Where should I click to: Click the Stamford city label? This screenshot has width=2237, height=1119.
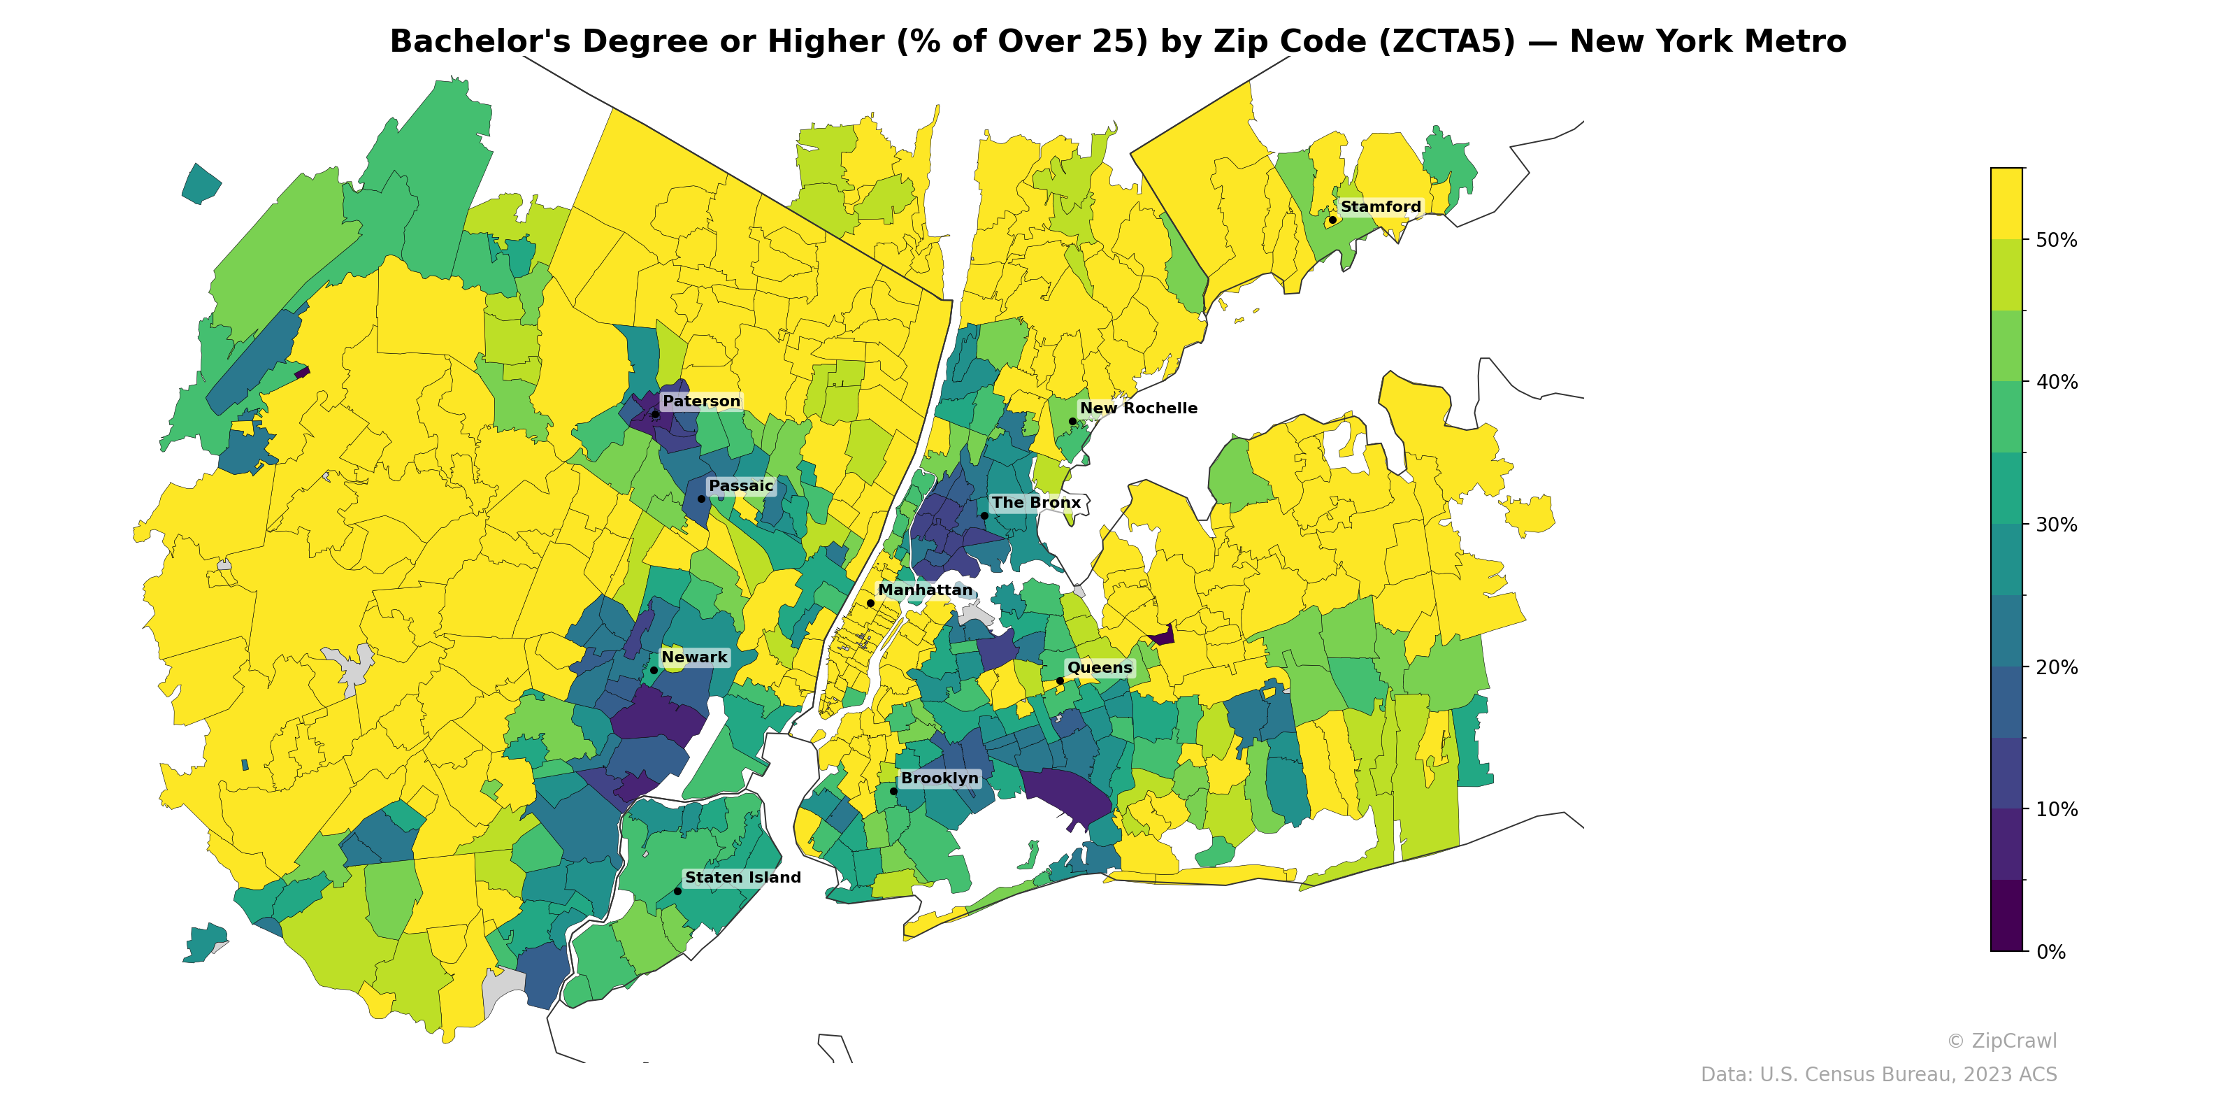click(x=1380, y=207)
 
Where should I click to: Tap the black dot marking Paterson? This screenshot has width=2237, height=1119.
click(x=656, y=415)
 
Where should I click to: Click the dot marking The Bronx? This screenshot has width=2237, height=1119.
click(x=984, y=516)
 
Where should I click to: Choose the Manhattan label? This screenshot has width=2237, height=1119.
click(x=925, y=590)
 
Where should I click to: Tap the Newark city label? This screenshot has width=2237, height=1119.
click(x=694, y=657)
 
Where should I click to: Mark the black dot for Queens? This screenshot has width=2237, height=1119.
click(x=1060, y=681)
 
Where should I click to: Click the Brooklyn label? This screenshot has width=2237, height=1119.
click(x=940, y=778)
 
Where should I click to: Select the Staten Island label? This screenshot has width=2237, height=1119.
click(x=742, y=878)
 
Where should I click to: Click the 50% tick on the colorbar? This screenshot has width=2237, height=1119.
click(x=2057, y=241)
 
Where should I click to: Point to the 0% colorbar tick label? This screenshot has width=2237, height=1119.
click(x=2050, y=952)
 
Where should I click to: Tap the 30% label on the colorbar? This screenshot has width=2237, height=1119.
click(x=2057, y=525)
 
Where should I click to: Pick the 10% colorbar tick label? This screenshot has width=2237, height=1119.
click(x=2057, y=810)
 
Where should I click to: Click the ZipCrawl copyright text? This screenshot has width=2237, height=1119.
click(x=2001, y=1041)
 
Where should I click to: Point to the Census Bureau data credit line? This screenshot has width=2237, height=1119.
click(x=1878, y=1075)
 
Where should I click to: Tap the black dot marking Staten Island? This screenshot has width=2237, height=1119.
click(x=677, y=892)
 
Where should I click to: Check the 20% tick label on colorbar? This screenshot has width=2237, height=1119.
click(x=2057, y=667)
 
